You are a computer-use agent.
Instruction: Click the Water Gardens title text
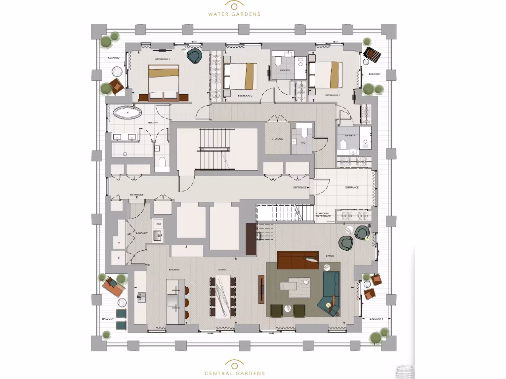click(234, 14)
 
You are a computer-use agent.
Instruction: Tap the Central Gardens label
click(235, 374)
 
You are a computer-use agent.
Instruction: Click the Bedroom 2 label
click(245, 95)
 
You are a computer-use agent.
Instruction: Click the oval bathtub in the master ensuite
click(127, 113)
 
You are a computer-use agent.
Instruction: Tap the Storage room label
click(277, 139)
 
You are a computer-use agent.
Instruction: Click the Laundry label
click(142, 233)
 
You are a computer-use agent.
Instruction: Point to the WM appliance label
click(158, 224)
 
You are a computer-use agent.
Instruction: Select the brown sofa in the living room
click(297, 260)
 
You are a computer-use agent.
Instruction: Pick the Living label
click(330, 256)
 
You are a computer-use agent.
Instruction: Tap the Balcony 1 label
click(376, 319)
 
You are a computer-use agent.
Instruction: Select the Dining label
click(222, 269)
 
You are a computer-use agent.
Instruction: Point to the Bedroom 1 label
click(162, 59)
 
